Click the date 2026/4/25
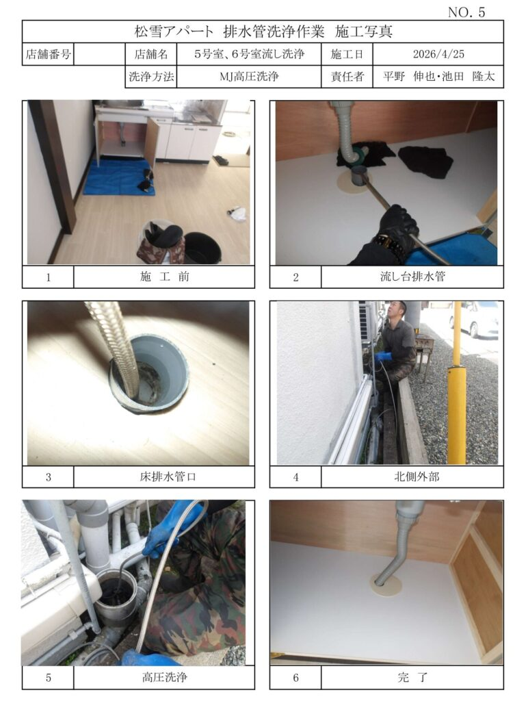pyautogui.click(x=438, y=54)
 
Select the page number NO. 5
pyautogui.click(x=466, y=12)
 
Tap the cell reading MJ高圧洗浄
pyautogui.click(x=249, y=77)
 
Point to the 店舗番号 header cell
pyautogui.click(x=48, y=54)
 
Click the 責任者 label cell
pyautogui.click(x=347, y=77)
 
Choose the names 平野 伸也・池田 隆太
pyautogui.click(x=438, y=77)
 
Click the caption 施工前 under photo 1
pyautogui.click(x=164, y=277)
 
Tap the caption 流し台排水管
pyautogui.click(x=412, y=277)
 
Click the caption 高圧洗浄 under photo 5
pyautogui.click(x=164, y=677)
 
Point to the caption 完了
pyautogui.click(x=412, y=677)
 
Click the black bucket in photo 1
pyautogui.click(x=202, y=248)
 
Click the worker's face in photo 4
pyautogui.click(x=395, y=311)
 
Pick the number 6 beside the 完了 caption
pyautogui.click(x=295, y=677)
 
